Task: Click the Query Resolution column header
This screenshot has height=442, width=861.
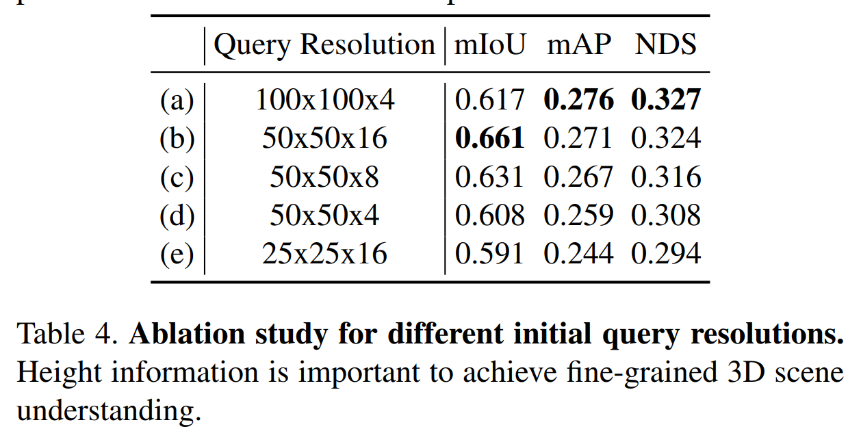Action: (324, 45)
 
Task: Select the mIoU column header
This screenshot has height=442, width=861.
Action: (490, 45)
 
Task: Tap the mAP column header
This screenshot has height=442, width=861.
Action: (579, 45)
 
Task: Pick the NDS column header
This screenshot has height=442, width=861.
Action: (665, 45)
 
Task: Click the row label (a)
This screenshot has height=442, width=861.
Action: (177, 101)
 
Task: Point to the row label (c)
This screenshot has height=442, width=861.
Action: (177, 177)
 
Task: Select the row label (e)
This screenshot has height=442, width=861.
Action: (177, 254)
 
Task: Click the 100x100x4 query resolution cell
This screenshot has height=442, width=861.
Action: (325, 101)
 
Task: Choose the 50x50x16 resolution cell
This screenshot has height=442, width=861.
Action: (325, 139)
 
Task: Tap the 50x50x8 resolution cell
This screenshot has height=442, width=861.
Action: (325, 177)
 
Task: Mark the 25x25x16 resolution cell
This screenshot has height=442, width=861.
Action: (325, 254)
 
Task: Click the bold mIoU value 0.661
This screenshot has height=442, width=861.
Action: (490, 139)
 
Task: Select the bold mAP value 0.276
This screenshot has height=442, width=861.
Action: (579, 101)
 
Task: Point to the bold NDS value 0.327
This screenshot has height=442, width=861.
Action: (666, 101)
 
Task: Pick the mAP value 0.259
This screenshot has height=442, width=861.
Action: (579, 216)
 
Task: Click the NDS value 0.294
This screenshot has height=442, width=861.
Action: (666, 254)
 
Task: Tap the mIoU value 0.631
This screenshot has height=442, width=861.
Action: (490, 177)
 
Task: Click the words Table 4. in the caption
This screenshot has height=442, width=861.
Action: (67, 335)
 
